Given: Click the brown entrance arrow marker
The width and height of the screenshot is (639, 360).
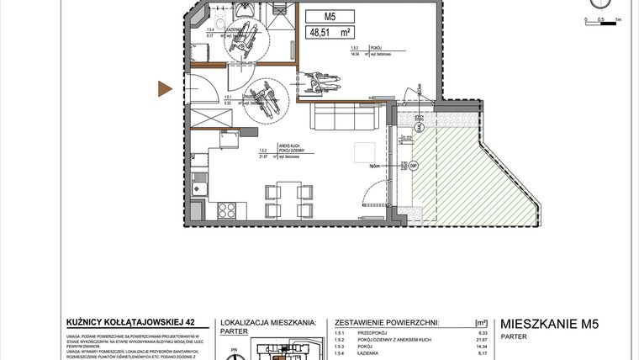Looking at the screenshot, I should [166, 87].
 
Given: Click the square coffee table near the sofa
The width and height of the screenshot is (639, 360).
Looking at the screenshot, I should [365, 153].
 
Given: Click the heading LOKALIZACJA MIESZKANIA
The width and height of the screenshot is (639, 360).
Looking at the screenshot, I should [267, 322].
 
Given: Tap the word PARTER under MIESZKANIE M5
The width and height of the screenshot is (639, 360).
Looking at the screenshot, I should [513, 337].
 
